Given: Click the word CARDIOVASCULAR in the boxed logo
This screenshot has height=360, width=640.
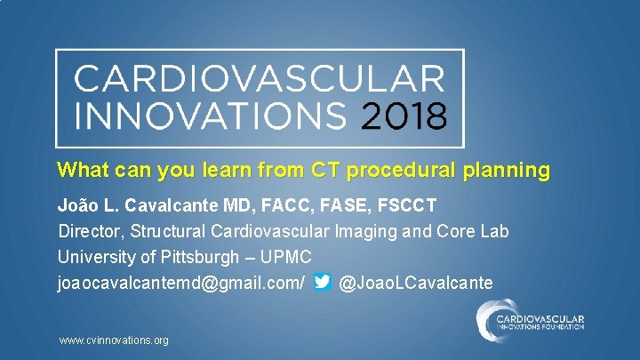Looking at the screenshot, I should [259, 79].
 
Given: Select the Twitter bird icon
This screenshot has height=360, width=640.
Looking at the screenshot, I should [323, 283].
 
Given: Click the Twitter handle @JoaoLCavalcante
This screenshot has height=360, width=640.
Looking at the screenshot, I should [416, 283].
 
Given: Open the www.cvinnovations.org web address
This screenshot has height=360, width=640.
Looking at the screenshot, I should [113, 340].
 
